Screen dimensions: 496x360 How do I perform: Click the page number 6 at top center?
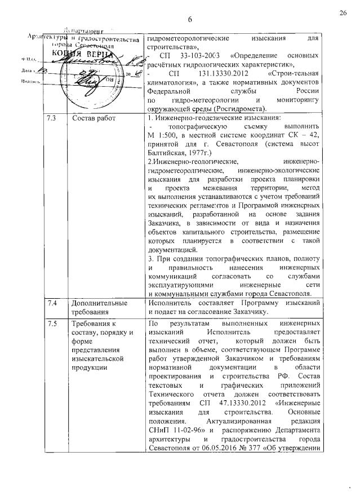click(x=190, y=20)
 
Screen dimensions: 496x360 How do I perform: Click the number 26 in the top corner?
click(x=343, y=12)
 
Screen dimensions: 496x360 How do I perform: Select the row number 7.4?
click(x=51, y=303)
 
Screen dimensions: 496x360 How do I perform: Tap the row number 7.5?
click(x=51, y=324)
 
